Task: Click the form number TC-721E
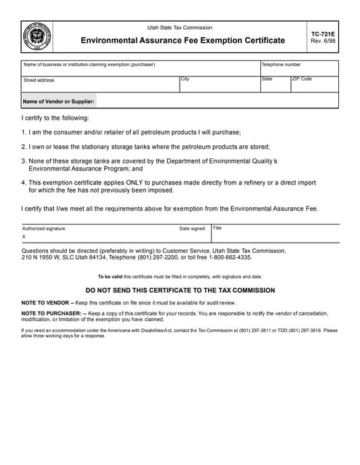[x=322, y=33]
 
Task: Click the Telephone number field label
[x=281, y=65]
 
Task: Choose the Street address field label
[x=39, y=80]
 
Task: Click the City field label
[x=185, y=78]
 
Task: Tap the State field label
[x=267, y=78]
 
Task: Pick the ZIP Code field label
[x=302, y=78]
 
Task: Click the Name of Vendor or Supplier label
[x=59, y=102]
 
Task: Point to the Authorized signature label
[x=44, y=228]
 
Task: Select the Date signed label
[x=192, y=228]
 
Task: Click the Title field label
[x=217, y=228]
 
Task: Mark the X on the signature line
[x=24, y=237]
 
